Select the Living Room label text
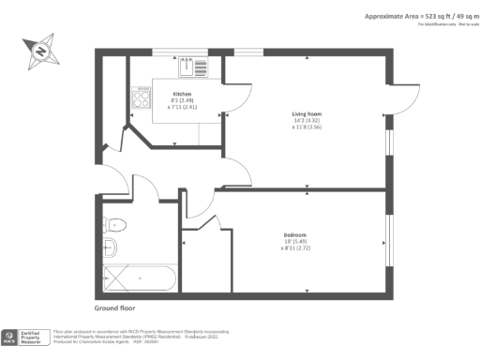[307, 113]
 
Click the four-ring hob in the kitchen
[142, 97]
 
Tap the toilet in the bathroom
[115, 225]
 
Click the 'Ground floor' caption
[117, 307]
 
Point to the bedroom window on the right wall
[387, 242]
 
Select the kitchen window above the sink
[181, 52]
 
